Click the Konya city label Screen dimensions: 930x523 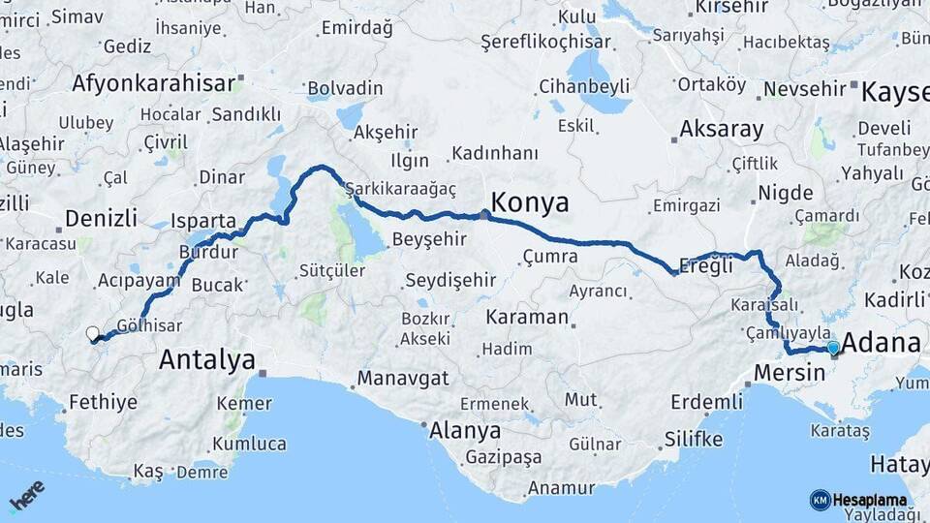click(530, 202)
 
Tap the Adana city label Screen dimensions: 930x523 click(882, 344)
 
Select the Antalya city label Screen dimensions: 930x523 click(206, 360)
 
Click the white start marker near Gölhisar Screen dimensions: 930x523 click(92, 334)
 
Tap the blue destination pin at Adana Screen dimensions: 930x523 click(833, 348)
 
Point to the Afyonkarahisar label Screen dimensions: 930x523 click(153, 82)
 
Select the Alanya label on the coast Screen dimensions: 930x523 click(465, 430)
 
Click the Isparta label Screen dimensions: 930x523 click(203, 220)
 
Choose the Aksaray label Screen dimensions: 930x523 click(721, 129)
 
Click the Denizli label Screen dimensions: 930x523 click(101, 217)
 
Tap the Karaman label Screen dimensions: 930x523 click(526, 317)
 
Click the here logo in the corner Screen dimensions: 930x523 click(27, 495)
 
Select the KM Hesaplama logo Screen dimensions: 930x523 click(858, 500)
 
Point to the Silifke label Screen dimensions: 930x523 click(693, 440)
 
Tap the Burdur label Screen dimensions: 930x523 click(208, 252)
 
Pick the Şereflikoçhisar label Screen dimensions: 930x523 click(545, 42)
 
